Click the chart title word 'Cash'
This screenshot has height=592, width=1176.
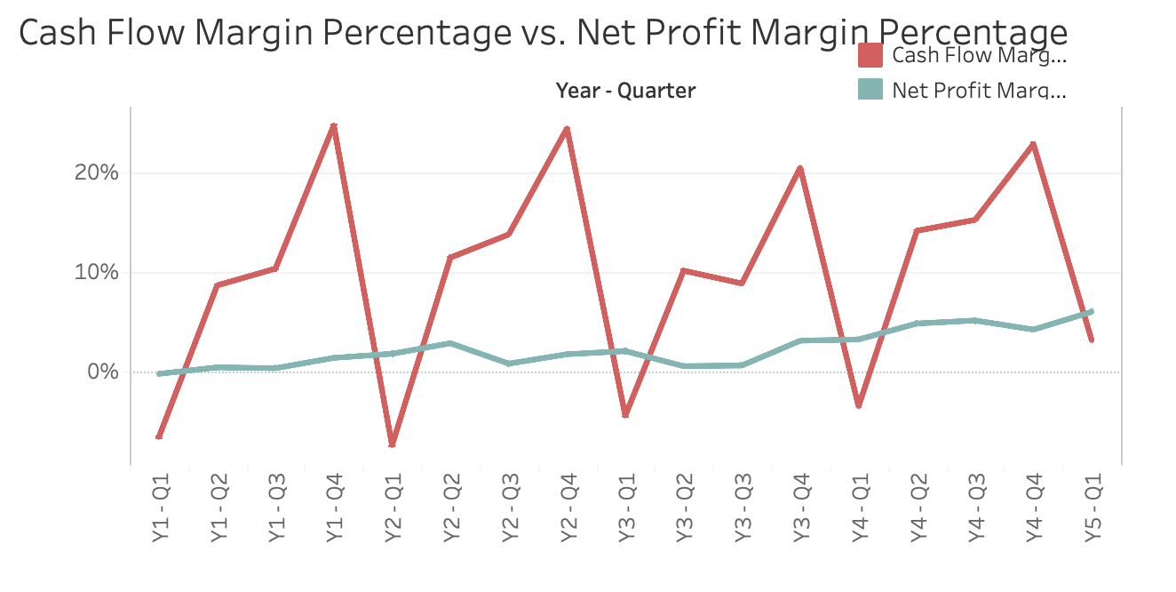tap(57, 33)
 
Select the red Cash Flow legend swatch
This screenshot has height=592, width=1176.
tap(870, 56)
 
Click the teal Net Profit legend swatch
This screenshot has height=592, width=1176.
tap(870, 89)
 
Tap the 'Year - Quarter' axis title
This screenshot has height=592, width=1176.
tap(625, 90)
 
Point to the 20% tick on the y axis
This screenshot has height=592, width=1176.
tap(96, 172)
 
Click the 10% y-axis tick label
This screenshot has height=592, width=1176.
tap(96, 272)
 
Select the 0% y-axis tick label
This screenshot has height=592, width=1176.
tap(101, 372)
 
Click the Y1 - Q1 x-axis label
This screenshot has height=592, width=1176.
tap(160, 508)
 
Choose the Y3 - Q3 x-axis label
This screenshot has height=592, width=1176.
tap(742, 508)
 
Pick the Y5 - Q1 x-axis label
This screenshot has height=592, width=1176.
tap(1092, 508)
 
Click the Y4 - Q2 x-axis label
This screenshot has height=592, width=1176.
tap(917, 508)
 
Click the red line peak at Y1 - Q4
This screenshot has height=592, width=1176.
tap(334, 126)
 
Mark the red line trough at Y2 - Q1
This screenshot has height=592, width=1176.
tap(392, 444)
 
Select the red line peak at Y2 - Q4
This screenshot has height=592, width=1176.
tap(567, 129)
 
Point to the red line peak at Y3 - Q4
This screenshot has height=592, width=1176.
tap(800, 168)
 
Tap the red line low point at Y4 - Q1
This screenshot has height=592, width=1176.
tap(858, 405)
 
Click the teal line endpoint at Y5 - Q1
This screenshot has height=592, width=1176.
tap(1091, 312)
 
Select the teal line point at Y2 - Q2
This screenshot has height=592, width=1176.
tap(450, 343)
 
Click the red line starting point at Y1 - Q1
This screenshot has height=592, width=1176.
tap(159, 437)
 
